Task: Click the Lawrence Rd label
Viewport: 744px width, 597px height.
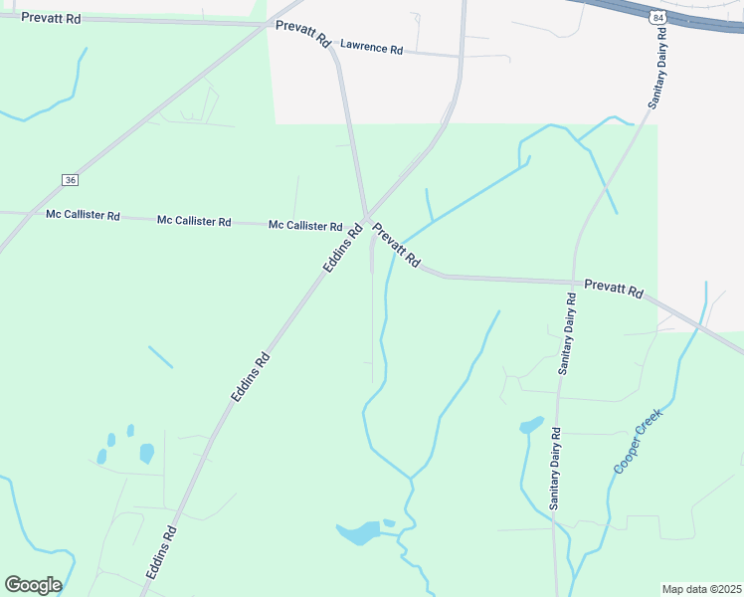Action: click(371, 48)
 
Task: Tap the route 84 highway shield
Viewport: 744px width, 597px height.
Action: click(657, 17)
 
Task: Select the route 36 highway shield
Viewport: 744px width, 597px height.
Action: click(69, 180)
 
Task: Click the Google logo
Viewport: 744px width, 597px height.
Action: click(33, 584)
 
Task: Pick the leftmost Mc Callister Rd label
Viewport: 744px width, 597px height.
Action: click(83, 215)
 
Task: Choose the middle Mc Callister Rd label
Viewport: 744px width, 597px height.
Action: click(194, 221)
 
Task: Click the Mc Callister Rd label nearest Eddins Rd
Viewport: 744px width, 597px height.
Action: click(305, 226)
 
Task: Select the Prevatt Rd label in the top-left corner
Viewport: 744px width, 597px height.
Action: click(51, 18)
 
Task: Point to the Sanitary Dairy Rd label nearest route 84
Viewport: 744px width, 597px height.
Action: click(658, 69)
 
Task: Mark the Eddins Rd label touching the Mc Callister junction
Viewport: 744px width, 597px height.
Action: click(342, 249)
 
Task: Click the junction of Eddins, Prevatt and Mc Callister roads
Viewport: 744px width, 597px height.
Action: click(366, 218)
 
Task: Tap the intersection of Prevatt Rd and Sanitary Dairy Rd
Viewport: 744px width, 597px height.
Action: click(574, 282)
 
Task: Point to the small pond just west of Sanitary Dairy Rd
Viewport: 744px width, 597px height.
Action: click(531, 426)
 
